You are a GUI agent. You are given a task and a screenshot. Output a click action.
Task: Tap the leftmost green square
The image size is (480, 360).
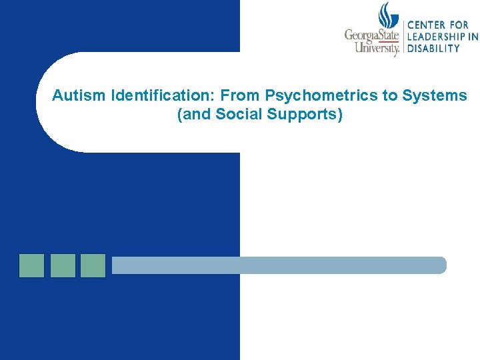31,265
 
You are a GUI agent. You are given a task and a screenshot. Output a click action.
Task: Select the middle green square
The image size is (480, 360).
63,265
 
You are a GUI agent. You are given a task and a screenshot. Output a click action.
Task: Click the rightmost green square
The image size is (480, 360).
93,265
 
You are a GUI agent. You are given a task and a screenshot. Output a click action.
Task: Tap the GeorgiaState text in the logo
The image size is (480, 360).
371,35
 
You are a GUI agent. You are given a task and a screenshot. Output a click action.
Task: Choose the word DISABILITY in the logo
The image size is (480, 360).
433,48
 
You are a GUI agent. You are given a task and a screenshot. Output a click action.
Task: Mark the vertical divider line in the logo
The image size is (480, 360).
402,37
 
